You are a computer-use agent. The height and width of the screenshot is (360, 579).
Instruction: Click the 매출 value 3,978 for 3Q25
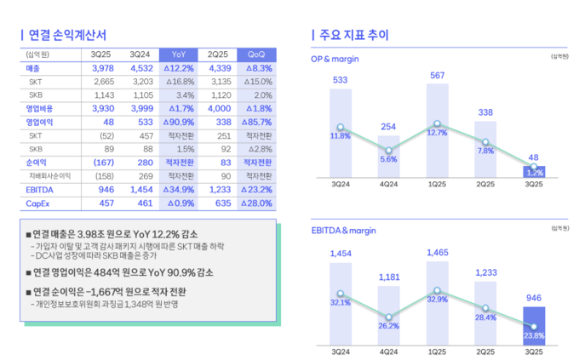102,68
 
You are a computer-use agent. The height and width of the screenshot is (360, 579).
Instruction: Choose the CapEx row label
39,203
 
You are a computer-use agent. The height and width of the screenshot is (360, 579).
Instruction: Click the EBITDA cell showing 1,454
140,190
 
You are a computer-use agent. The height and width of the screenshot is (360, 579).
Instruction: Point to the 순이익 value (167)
103,163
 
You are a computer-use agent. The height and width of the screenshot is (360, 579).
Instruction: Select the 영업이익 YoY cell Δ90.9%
178,123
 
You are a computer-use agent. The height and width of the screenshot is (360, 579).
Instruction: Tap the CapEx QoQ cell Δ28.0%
255,203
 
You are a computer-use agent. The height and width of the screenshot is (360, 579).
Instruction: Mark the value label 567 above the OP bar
437,77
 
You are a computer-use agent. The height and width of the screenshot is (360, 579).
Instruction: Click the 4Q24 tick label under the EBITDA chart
388,350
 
